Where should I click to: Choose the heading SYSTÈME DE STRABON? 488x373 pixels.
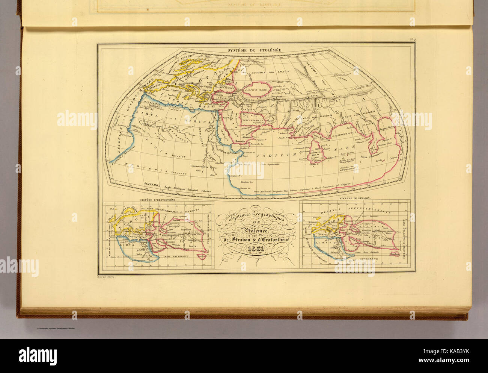pyautogui.click(x=355, y=198)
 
